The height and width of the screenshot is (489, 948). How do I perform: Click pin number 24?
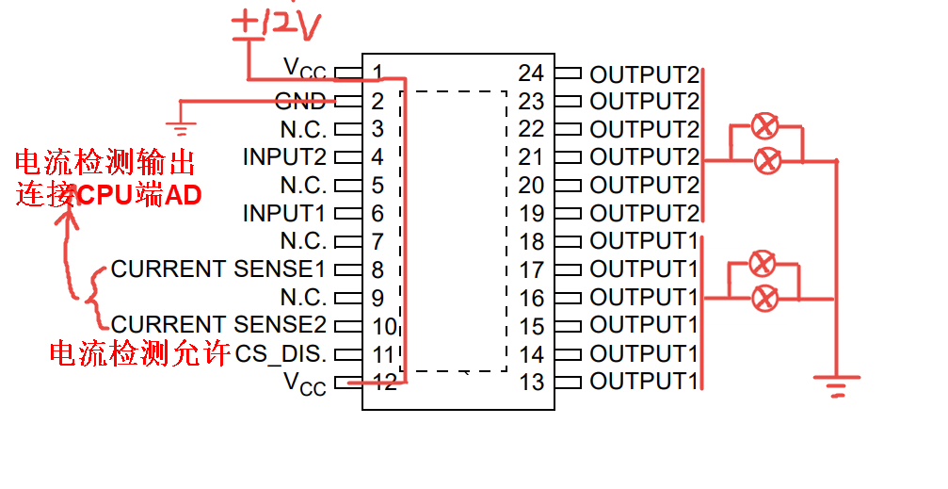pos(531,73)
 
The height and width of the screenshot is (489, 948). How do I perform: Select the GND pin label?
pos(300,101)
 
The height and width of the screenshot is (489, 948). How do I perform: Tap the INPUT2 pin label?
pos(284,156)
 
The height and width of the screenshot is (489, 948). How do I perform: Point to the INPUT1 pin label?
pos(284,213)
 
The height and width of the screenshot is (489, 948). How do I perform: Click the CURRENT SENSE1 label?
pos(218,269)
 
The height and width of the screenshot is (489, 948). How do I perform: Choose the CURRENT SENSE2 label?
pos(218,326)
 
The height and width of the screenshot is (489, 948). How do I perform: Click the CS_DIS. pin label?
pos(281,354)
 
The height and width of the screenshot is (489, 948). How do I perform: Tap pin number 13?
pos(531,383)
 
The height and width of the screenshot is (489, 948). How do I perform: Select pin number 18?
pos(531,242)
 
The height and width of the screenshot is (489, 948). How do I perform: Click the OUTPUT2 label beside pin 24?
pos(645,74)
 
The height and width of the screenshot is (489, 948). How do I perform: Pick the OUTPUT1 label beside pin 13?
pos(645,383)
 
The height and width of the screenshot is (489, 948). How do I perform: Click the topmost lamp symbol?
pos(766,125)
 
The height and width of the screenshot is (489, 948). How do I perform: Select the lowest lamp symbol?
pos(765,299)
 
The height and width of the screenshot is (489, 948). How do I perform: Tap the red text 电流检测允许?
pos(138,354)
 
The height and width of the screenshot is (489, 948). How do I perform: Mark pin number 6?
pos(378,214)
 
